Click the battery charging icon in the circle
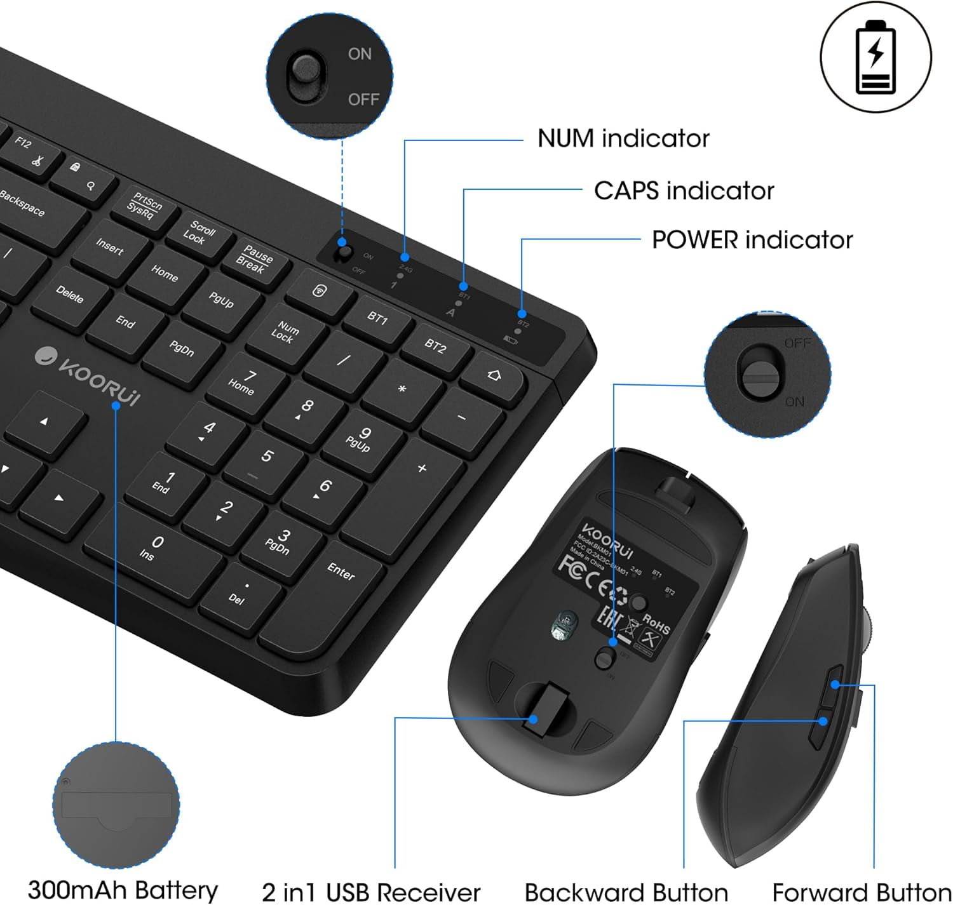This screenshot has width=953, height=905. pyautogui.click(x=875, y=57)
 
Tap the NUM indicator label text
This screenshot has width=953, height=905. pyautogui.click(x=623, y=138)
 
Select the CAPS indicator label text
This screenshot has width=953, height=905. pyautogui.click(x=684, y=191)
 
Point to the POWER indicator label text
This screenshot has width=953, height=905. pyautogui.click(x=752, y=240)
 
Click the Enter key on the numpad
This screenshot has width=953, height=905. pyautogui.click(x=342, y=572)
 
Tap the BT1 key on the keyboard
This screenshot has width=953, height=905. pyautogui.click(x=377, y=317)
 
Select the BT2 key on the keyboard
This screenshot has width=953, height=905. pyautogui.click(x=435, y=345)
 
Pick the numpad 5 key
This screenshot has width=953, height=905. pyautogui.click(x=267, y=457)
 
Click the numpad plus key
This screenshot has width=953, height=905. pyautogui.click(x=422, y=469)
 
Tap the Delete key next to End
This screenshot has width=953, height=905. pyautogui.click(x=70, y=293)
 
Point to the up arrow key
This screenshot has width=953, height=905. pyautogui.click(x=44, y=421)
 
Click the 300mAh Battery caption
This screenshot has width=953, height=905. pyautogui.click(x=123, y=890)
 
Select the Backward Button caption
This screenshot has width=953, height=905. pyautogui.click(x=626, y=892)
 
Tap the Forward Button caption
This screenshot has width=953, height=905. pyautogui.click(x=861, y=892)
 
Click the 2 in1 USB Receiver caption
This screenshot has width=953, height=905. pyautogui.click(x=371, y=892)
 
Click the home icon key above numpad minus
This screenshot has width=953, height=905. pyautogui.click(x=494, y=375)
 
